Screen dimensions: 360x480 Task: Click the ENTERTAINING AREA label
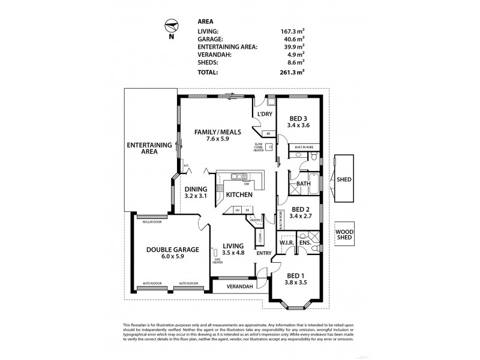click(x=141, y=149)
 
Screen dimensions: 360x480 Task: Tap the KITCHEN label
click(x=238, y=195)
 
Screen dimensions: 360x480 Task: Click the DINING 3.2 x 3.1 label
click(x=196, y=193)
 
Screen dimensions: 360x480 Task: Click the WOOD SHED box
click(x=344, y=233)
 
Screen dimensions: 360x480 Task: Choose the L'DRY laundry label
click(x=265, y=114)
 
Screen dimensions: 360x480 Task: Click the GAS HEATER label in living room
click(x=217, y=262)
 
